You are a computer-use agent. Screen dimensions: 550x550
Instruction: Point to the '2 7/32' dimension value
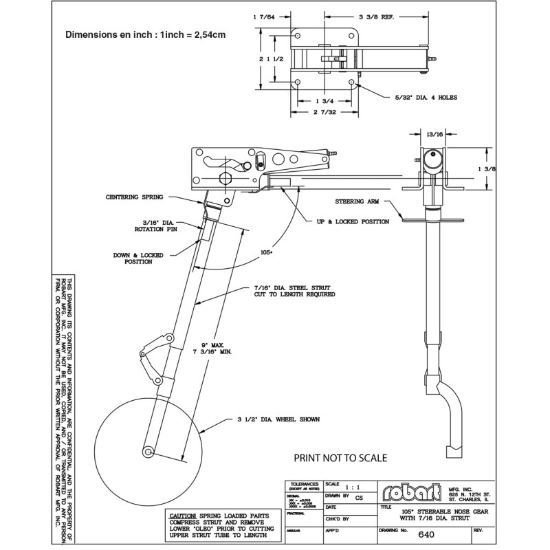point(324,111)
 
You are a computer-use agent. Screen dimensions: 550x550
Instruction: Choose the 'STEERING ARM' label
point(358,203)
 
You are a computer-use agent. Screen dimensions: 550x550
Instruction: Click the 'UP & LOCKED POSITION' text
point(353,221)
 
